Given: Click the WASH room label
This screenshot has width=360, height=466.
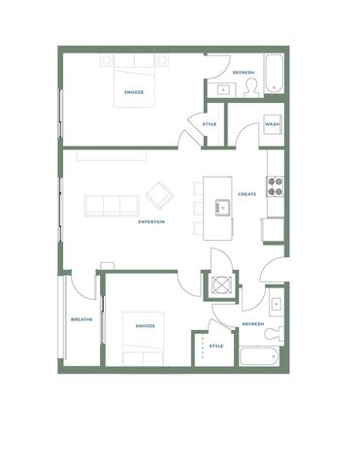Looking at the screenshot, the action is [x=273, y=124].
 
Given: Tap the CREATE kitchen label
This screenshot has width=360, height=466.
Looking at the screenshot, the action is [x=247, y=194].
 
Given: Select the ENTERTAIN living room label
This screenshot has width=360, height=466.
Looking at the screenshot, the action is [x=151, y=221].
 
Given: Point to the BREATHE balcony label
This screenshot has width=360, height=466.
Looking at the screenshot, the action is [x=82, y=319].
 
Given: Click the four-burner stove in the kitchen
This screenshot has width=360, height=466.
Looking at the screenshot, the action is [x=276, y=186].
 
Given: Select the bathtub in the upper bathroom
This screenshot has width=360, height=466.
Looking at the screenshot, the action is [x=275, y=74].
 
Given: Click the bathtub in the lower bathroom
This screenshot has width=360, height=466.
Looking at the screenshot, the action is [x=259, y=356].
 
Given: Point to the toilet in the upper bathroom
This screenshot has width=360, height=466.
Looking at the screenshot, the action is [x=252, y=87].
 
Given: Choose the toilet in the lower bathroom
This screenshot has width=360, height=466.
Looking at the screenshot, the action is [x=274, y=334].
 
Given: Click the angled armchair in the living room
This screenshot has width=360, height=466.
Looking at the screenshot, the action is [x=160, y=195].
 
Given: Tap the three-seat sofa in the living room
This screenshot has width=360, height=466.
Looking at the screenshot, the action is [x=112, y=206].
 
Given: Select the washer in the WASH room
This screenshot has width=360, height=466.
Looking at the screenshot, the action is [x=273, y=124].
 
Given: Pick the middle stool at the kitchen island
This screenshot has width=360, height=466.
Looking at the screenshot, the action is [x=198, y=208].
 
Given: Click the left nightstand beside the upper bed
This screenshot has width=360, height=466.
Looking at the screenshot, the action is [x=107, y=60].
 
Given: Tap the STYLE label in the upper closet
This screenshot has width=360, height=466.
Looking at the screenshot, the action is [x=210, y=124].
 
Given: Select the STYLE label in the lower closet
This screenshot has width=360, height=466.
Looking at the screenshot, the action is [x=216, y=346].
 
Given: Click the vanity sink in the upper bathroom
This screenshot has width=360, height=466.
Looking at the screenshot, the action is [x=223, y=89].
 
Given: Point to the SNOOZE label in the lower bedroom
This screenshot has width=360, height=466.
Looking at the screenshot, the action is [x=146, y=326].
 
